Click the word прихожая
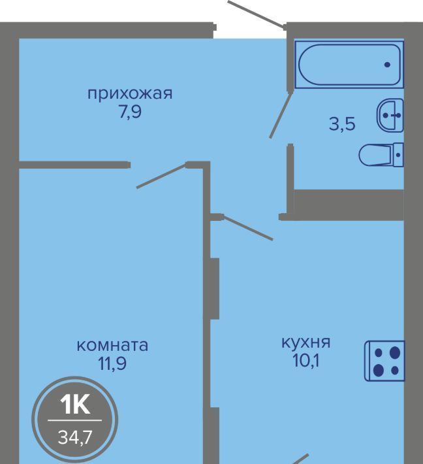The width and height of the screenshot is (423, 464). tap(130, 94)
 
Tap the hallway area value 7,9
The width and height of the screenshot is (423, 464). tap(131, 112)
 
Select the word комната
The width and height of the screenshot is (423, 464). tap(112, 346)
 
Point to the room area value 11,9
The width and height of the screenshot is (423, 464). tap(112, 363)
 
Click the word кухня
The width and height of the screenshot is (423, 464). tap(305, 342)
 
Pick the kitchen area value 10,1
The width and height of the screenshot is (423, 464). tap(306, 361)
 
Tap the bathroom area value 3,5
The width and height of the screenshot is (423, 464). tap(342, 124)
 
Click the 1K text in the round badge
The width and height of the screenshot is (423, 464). tap(75, 405)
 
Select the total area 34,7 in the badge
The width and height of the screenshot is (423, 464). tap(75, 437)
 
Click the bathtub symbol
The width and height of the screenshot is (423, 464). tap(349, 65)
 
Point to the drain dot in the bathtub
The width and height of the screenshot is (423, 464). tap(387, 65)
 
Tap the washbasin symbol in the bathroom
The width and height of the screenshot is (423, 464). tap(390, 115)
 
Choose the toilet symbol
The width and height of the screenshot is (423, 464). tap(381, 155)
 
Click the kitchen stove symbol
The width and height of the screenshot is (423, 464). tap(384, 361)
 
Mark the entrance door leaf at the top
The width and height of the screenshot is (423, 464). tap(257, 14)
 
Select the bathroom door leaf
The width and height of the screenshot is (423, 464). tap(281, 115)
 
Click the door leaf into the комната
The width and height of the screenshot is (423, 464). tap(162, 175)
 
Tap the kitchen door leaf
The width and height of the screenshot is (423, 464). tap(247, 227)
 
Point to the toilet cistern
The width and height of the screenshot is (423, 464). tap(398, 155)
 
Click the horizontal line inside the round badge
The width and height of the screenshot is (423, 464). tap(75, 420)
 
